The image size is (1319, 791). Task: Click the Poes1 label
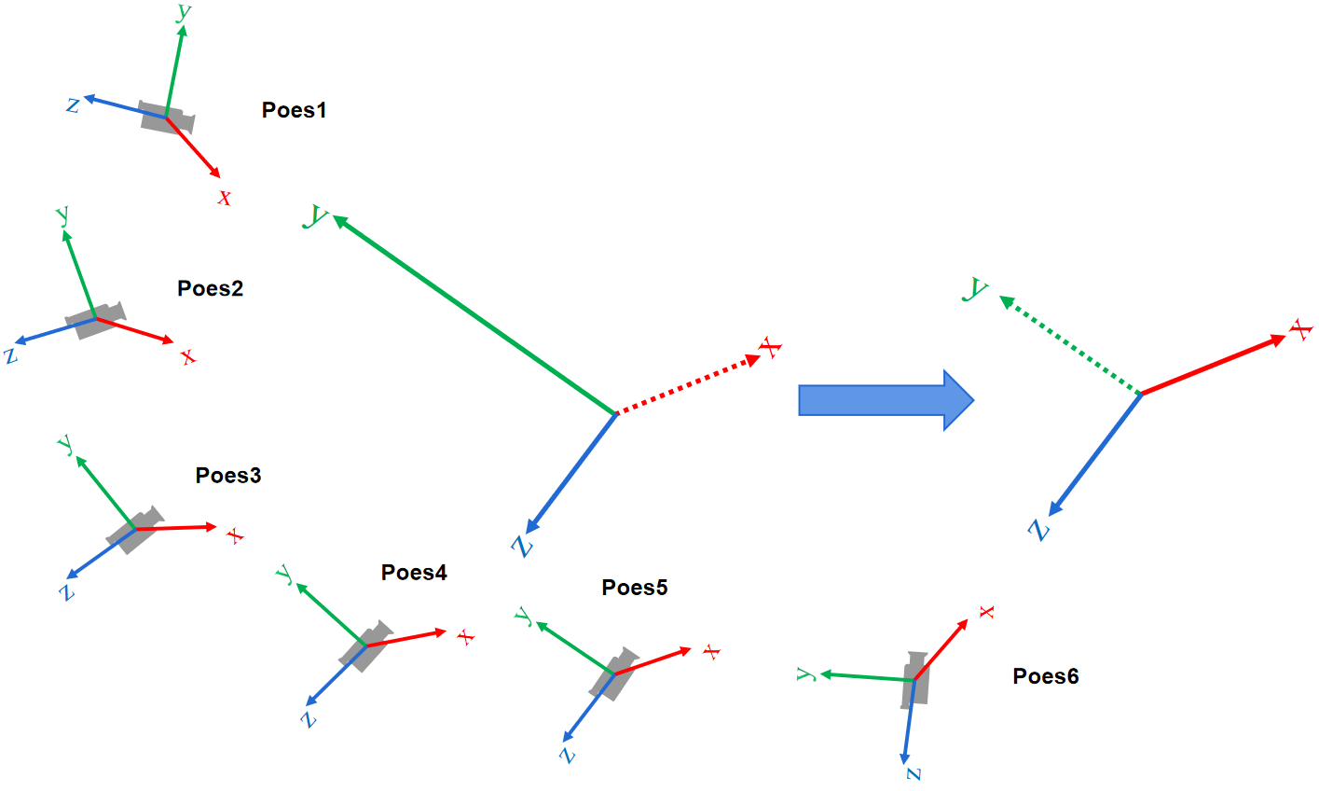coord(294,110)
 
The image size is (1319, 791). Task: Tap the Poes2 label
coord(210,288)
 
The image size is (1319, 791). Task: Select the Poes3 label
coord(228,475)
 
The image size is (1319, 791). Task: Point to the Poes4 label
coord(414,572)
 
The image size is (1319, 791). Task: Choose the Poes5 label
coord(635,587)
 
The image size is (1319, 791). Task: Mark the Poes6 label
coord(1046,676)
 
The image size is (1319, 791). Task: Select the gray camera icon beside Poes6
coord(914,680)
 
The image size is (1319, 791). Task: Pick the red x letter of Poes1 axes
coord(225,198)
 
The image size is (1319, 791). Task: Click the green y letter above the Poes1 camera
coord(184,12)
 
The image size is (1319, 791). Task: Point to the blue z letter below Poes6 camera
coord(914,773)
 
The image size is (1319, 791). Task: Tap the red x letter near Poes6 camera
coord(986,612)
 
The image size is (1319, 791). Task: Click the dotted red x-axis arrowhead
coord(753,359)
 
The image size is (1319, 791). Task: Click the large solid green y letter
coord(317,217)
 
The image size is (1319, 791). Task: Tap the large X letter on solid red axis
coord(1300,329)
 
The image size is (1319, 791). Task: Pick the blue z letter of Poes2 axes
coord(11,355)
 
